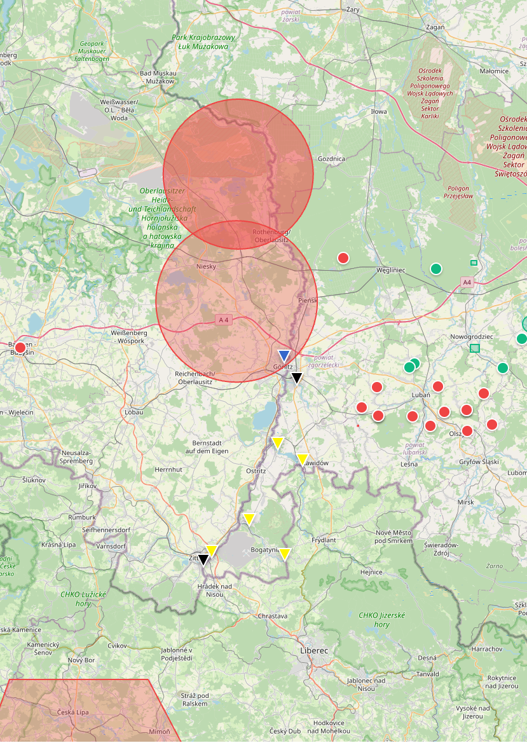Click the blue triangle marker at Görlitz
[x=284, y=355]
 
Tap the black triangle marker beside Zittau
[x=203, y=559]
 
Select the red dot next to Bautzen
[x=20, y=348]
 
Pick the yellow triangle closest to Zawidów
[x=303, y=458]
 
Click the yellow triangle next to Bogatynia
[x=285, y=554]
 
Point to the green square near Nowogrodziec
[x=475, y=348]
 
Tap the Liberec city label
[x=314, y=651]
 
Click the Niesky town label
[x=207, y=266]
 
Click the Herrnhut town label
[x=168, y=469]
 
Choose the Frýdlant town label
[x=324, y=540]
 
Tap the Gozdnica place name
[x=331, y=158]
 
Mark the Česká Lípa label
[x=73, y=712]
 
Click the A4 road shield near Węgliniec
[x=467, y=282]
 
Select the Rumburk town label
[x=81, y=517]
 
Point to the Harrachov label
[x=487, y=649]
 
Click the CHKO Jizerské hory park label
[x=381, y=620]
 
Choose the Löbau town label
[x=134, y=412]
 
